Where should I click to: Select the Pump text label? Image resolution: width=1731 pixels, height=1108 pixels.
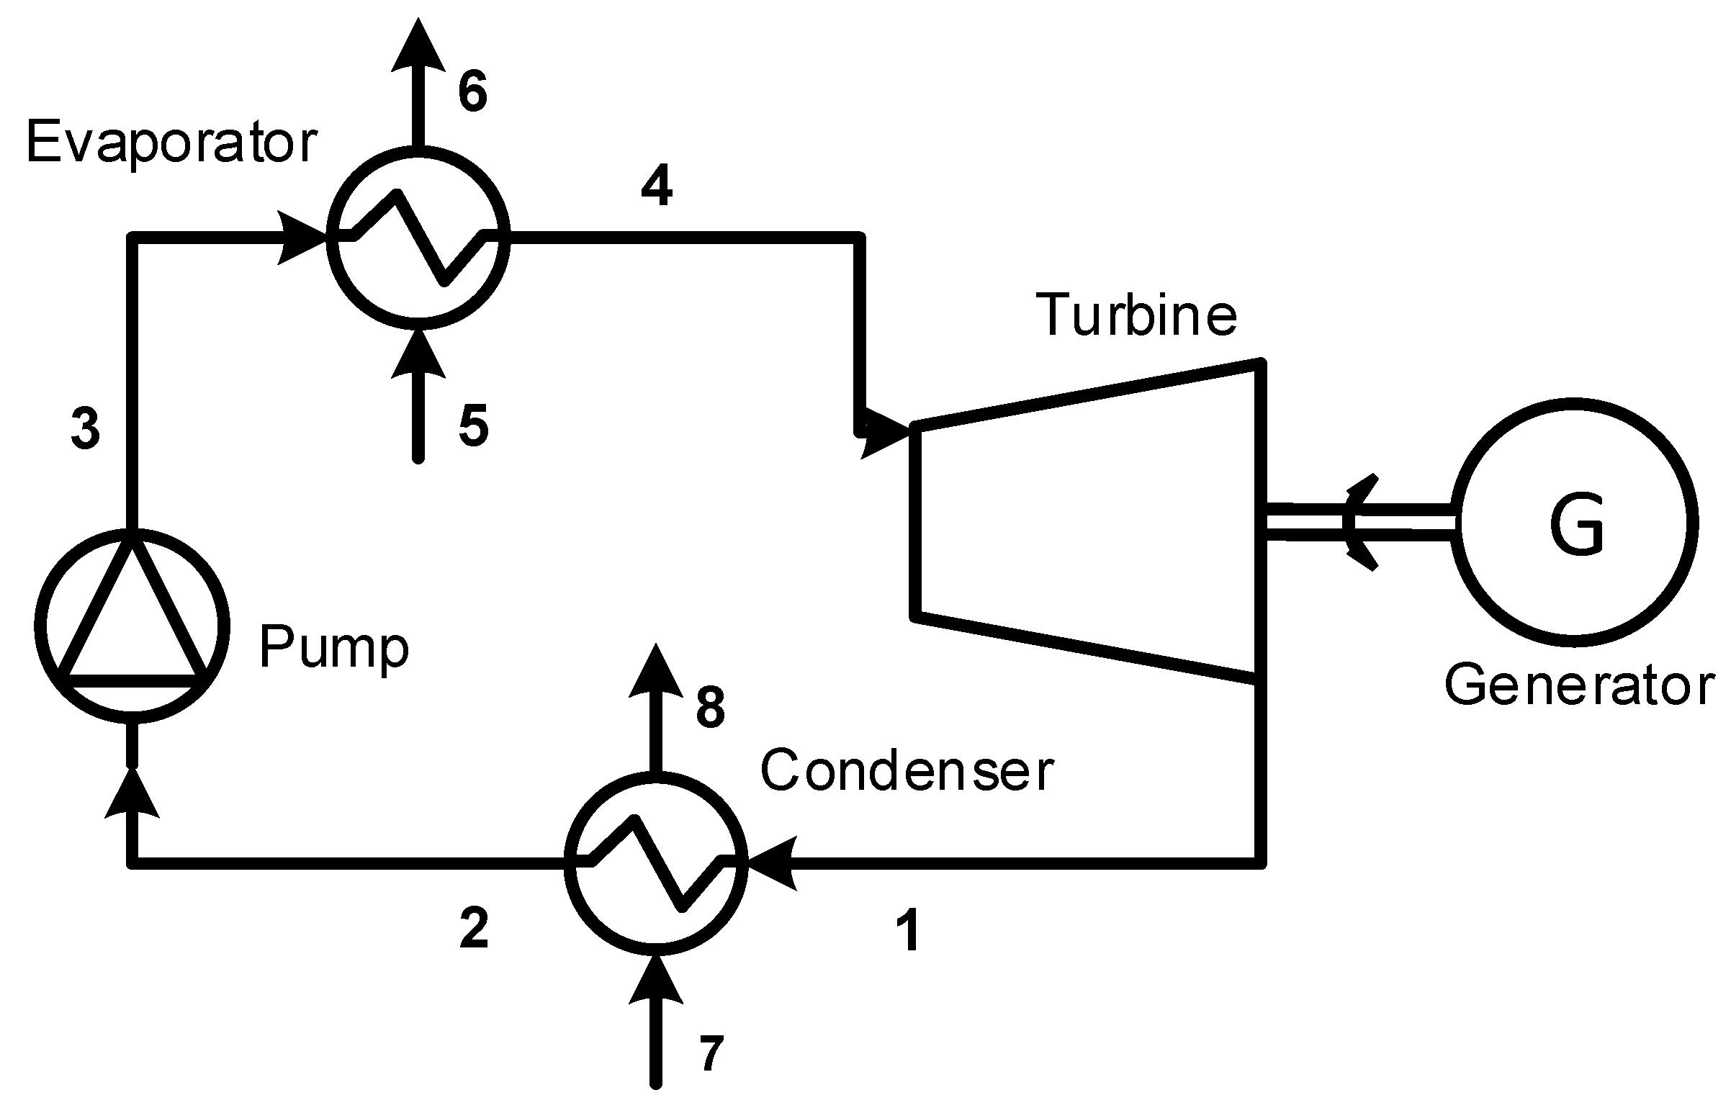[333, 648]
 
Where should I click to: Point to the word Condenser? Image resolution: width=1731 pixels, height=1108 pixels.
[907, 770]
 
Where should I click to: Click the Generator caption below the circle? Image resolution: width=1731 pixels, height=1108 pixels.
[1579, 686]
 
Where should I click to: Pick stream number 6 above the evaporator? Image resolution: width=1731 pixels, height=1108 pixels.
[473, 91]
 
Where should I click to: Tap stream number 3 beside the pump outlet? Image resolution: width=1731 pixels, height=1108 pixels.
[86, 428]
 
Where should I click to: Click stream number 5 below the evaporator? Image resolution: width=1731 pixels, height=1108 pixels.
[474, 425]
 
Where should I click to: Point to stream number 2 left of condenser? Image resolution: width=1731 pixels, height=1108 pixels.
[474, 928]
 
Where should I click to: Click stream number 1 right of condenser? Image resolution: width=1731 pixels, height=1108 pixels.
[911, 930]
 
